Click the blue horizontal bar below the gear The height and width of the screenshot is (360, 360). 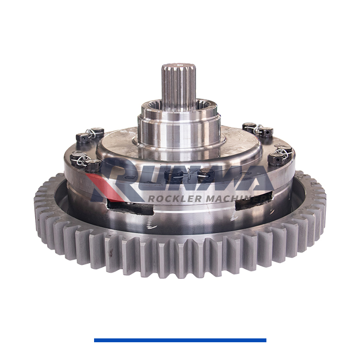[180, 340]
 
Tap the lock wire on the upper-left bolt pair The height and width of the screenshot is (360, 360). [89, 133]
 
